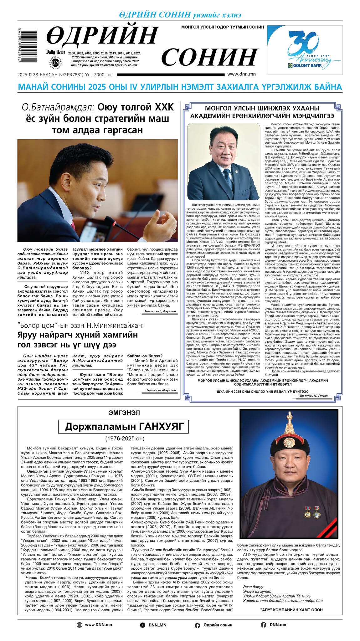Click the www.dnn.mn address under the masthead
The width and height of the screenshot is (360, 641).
click(x=241, y=74)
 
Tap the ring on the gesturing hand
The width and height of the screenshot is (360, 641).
click(x=174, y=231)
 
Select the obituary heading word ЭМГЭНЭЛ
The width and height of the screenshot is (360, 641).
click(x=124, y=413)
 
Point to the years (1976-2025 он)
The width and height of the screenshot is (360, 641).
click(x=125, y=438)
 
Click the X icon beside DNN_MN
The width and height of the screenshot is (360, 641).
click(x=143, y=625)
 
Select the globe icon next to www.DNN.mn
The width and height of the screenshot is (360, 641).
click(x=80, y=625)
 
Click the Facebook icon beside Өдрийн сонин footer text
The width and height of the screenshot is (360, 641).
click(x=198, y=625)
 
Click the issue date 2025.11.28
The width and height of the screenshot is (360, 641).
click(x=28, y=75)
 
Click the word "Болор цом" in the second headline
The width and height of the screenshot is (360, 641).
click(x=34, y=326)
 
